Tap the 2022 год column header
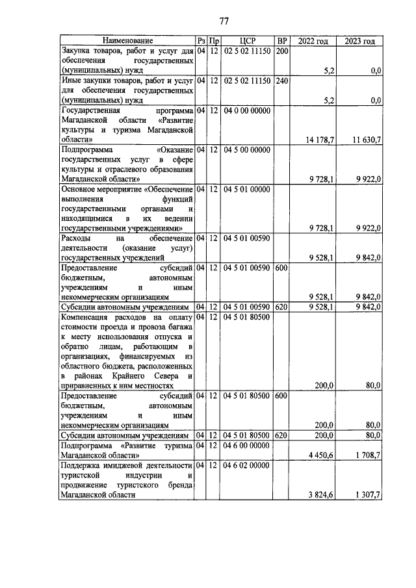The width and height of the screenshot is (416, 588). tap(313, 41)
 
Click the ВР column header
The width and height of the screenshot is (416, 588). tap(281, 41)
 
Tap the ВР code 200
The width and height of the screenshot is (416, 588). tap(281, 49)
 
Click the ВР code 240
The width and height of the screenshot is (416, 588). tap(281, 81)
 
